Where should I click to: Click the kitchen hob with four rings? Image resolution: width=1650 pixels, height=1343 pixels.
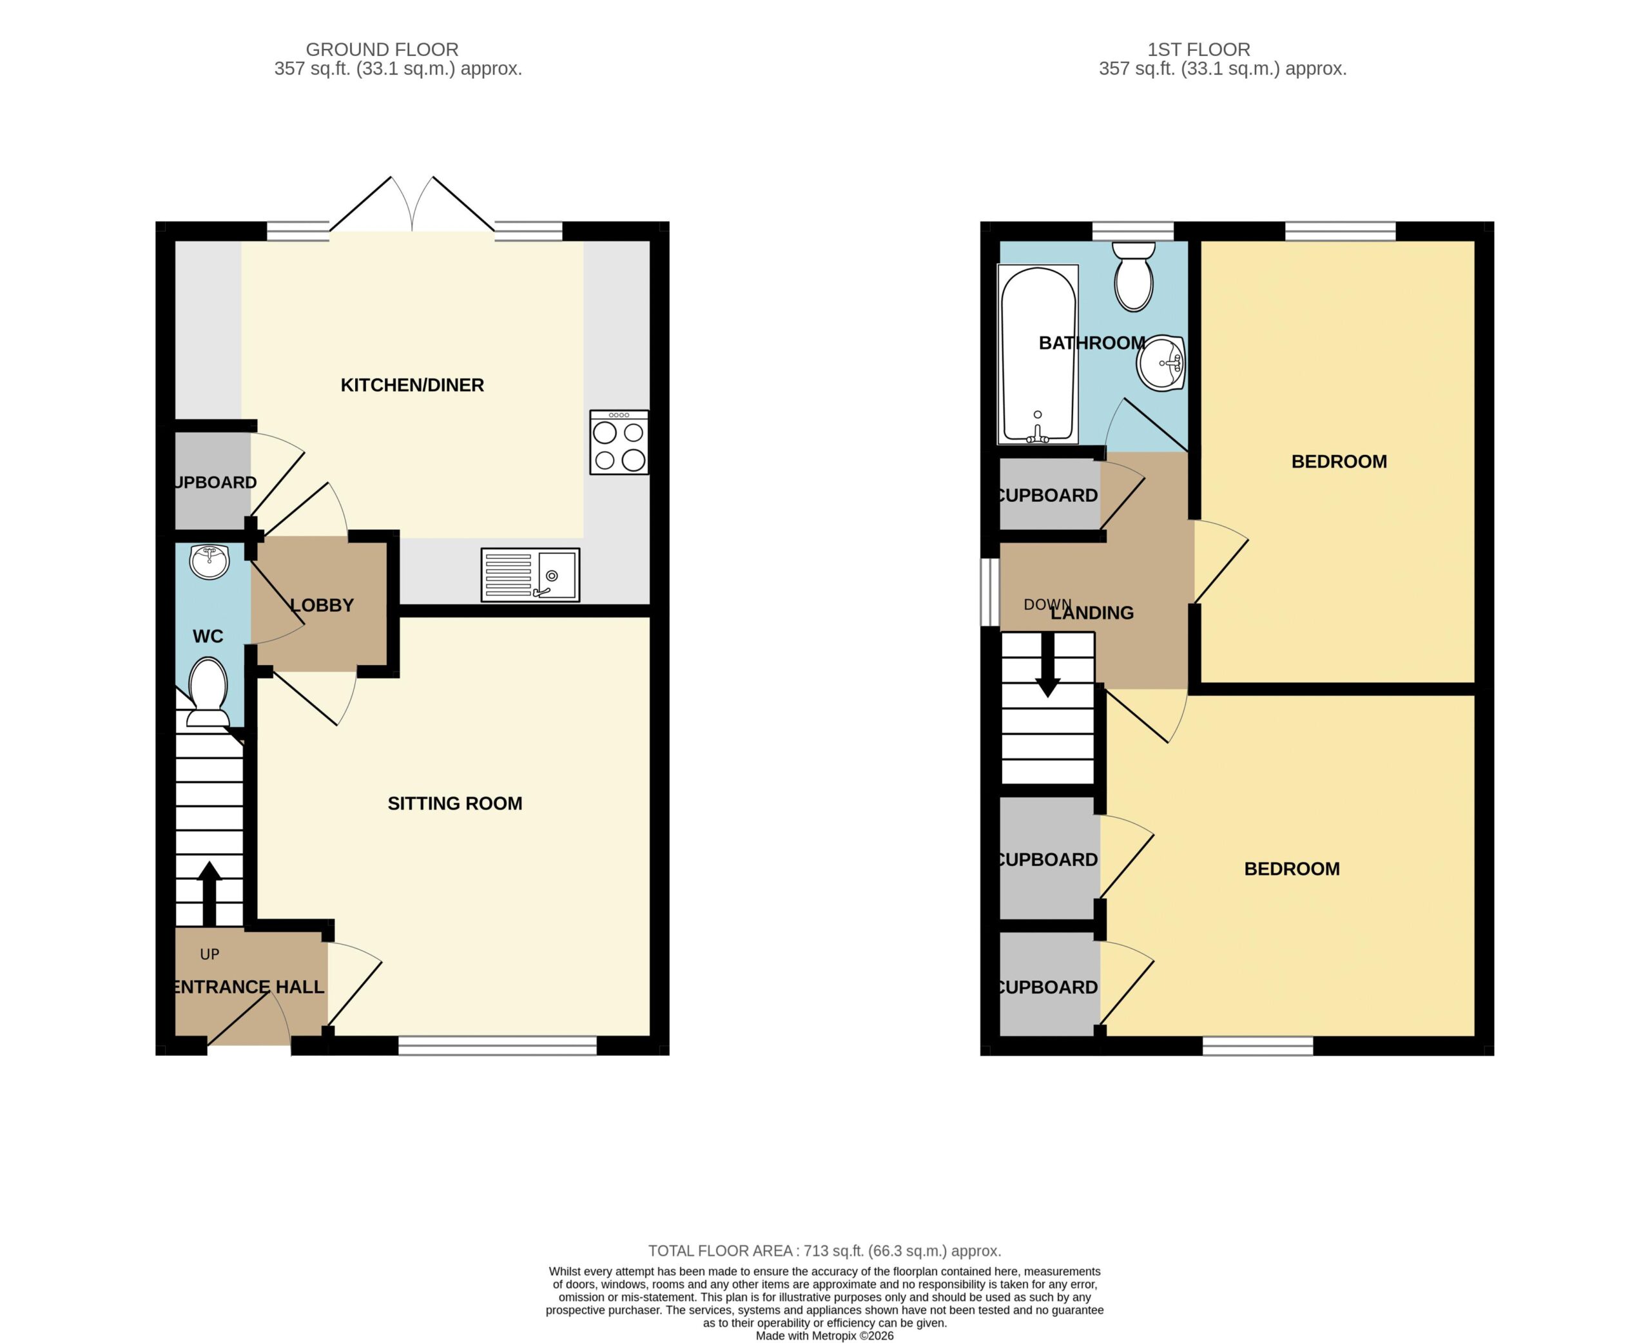tap(619, 441)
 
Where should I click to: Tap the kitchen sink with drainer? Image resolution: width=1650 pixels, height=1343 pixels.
tap(530, 575)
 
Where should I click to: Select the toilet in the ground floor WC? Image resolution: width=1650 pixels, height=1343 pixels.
tap(208, 691)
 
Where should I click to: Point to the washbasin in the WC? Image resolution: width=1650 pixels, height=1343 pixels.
tap(209, 563)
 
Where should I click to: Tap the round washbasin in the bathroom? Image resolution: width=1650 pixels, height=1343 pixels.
tap(1161, 363)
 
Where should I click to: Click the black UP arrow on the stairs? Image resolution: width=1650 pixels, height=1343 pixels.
tap(209, 894)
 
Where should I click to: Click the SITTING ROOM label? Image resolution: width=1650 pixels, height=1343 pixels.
tap(455, 804)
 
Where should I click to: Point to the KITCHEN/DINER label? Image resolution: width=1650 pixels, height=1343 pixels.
tap(412, 385)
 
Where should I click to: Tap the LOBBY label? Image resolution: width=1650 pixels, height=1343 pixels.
tap(322, 606)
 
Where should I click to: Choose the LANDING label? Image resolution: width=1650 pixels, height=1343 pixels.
tap(1092, 613)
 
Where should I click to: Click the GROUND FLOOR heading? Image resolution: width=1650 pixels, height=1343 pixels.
tap(382, 50)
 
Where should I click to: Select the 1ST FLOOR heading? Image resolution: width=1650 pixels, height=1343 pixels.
tap(1198, 50)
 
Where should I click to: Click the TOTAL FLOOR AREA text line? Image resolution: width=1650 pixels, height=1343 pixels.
tap(824, 1251)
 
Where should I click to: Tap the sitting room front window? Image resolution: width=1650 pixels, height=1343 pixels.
tap(498, 1045)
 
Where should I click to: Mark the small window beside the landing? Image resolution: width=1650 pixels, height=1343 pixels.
tap(989, 592)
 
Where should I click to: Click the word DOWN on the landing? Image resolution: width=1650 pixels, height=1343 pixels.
tap(1047, 604)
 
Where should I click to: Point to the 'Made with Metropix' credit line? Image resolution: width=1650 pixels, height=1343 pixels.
tap(824, 1335)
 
